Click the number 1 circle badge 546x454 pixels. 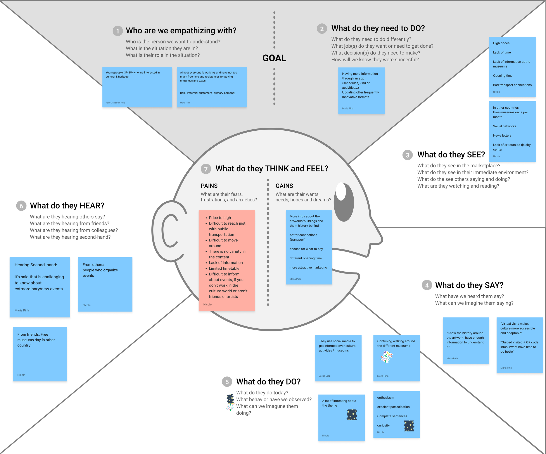pyautogui.click(x=117, y=31)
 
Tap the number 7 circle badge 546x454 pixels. pyautogui.click(x=206, y=169)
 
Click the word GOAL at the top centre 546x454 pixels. pyautogui.click(x=274, y=58)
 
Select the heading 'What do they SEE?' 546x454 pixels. pyautogui.click(x=451, y=155)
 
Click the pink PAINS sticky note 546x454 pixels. pyautogui.click(x=227, y=260)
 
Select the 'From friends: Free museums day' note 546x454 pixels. pyautogui.click(x=40, y=354)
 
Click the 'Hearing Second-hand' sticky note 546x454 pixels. pyautogui.click(x=40, y=287)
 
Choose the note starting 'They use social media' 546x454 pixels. pyautogui.click(x=338, y=358)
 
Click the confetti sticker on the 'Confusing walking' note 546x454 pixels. pyautogui.click(x=387, y=357)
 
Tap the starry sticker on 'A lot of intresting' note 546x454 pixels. pyautogui.click(x=352, y=415)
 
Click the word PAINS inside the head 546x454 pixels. pyautogui.click(x=209, y=186)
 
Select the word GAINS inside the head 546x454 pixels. pyautogui.click(x=284, y=186)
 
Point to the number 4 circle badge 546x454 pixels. pyautogui.click(x=427, y=285)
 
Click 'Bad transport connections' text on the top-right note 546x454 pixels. pyautogui.click(x=512, y=85)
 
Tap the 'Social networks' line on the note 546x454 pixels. pyautogui.click(x=505, y=126)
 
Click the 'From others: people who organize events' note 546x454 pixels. pyautogui.click(x=105, y=284)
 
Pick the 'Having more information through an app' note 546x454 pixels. pyautogui.click(x=361, y=90)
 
